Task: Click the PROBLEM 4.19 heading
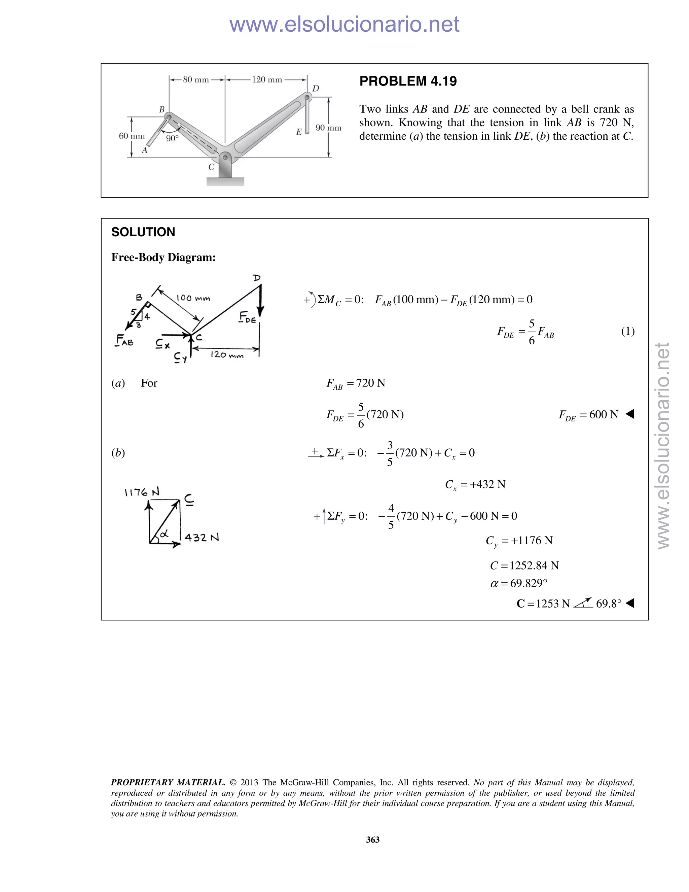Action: [x=408, y=81]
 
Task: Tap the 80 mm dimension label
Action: [x=196, y=80]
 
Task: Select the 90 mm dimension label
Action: [x=328, y=128]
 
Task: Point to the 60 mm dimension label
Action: [x=132, y=136]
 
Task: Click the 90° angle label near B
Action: [x=172, y=138]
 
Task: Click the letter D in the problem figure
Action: [x=316, y=89]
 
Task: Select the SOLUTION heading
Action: [x=143, y=232]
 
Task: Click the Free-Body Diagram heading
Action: [x=163, y=257]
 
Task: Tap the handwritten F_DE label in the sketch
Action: [x=248, y=317]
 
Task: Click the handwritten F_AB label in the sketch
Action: [x=124, y=340]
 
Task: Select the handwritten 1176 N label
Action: [x=142, y=492]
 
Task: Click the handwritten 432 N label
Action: [x=202, y=538]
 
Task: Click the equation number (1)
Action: [x=628, y=331]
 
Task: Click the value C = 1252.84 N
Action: [x=524, y=566]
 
